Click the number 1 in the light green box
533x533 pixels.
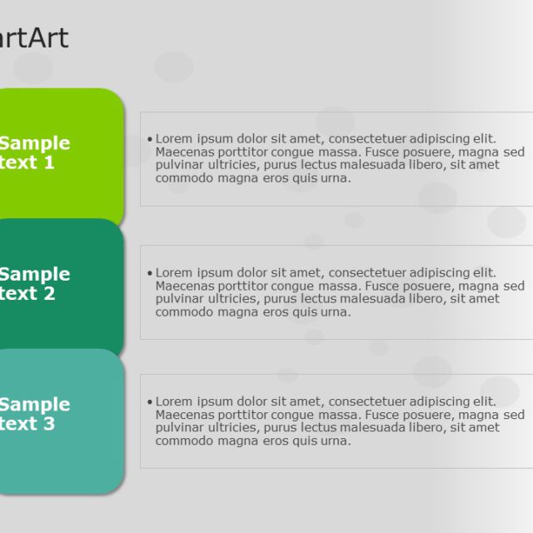[x=49, y=162]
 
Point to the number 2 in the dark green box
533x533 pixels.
[x=49, y=293]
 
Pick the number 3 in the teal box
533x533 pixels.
[x=49, y=424]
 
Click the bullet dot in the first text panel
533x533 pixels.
[x=149, y=139]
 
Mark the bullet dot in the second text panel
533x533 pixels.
[x=149, y=273]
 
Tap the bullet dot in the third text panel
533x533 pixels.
[x=149, y=402]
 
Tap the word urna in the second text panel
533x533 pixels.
[x=335, y=312]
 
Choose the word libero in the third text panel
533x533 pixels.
[x=424, y=428]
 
